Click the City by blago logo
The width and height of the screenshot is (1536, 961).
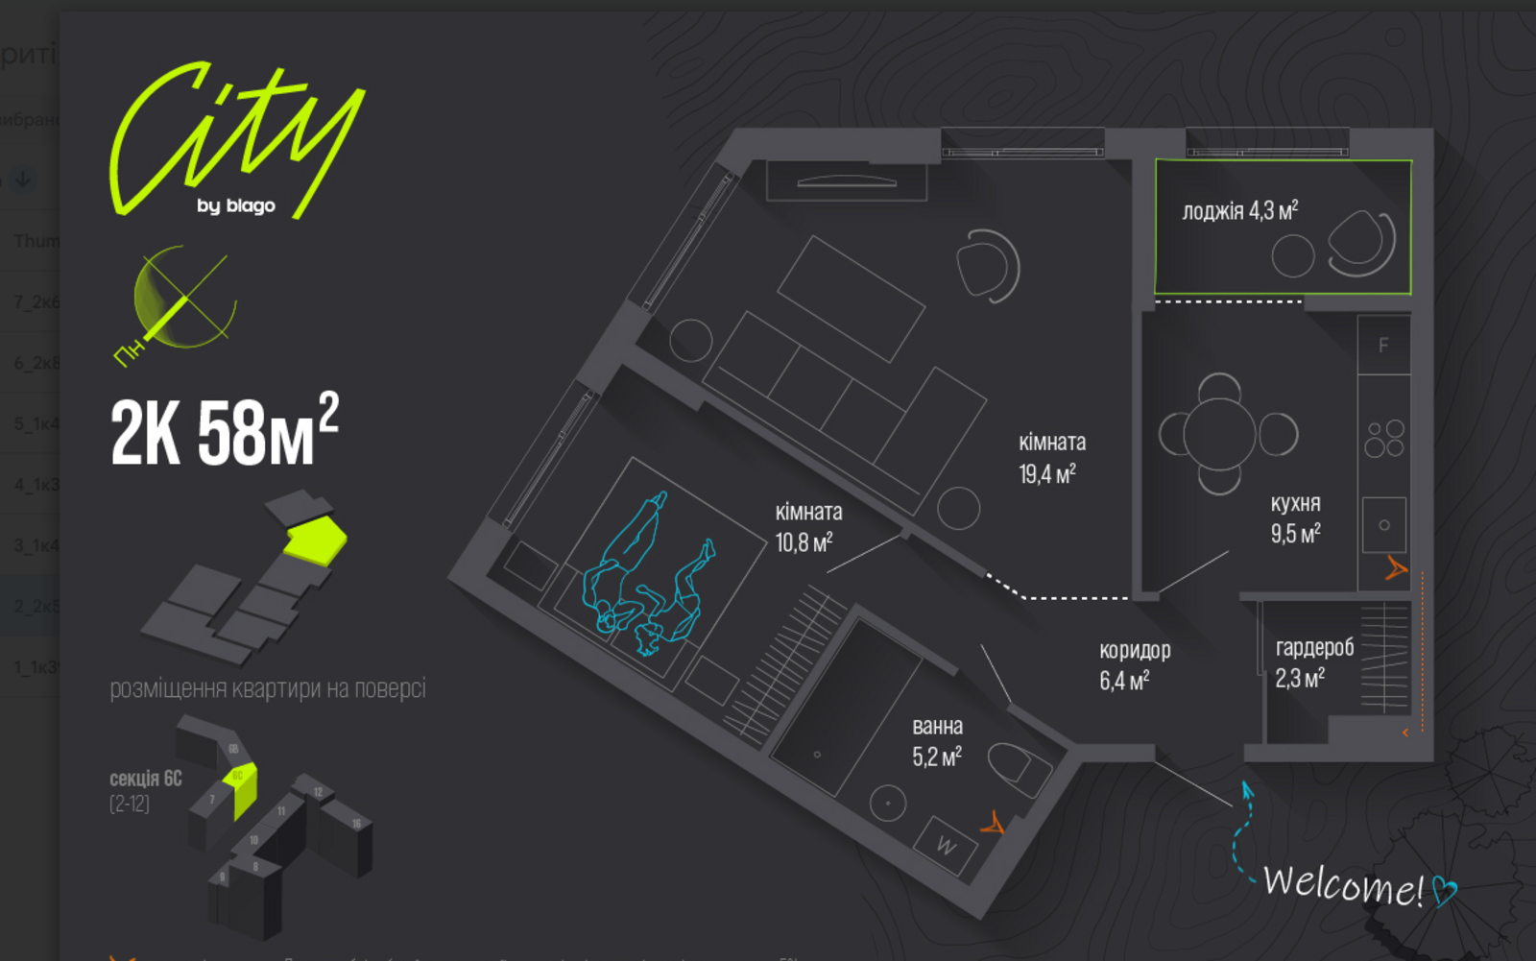tap(236, 140)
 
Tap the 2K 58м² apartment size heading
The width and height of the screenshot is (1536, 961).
tap(224, 431)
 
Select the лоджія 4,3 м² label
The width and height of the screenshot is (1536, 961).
tap(1239, 210)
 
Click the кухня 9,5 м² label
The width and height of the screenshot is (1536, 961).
tap(1295, 518)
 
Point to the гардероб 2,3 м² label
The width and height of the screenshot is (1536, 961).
tap(1313, 663)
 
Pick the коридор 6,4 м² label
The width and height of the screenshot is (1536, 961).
tap(1134, 665)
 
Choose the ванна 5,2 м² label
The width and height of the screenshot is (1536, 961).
tap(937, 742)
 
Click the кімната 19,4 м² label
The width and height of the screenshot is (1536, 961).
tap(1051, 458)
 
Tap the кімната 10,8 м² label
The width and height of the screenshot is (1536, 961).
tap(808, 527)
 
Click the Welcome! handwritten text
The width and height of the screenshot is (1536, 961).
tap(1342, 884)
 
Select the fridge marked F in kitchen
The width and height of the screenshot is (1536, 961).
tap(1383, 345)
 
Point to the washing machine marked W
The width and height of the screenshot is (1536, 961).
tap(946, 846)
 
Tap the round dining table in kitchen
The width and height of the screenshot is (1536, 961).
tap(1219, 434)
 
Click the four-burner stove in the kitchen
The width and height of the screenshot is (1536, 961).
tap(1384, 439)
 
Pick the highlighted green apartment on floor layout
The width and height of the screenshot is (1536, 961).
tap(316, 539)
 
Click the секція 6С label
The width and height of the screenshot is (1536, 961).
tap(146, 779)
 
